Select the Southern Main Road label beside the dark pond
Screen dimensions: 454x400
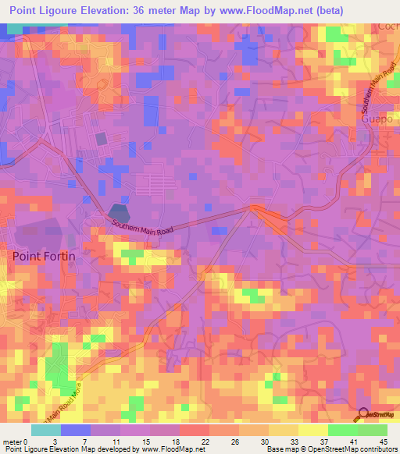tap(141, 229)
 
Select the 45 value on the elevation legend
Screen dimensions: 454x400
tap(383, 442)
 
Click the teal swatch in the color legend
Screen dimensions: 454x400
tap(46, 430)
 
